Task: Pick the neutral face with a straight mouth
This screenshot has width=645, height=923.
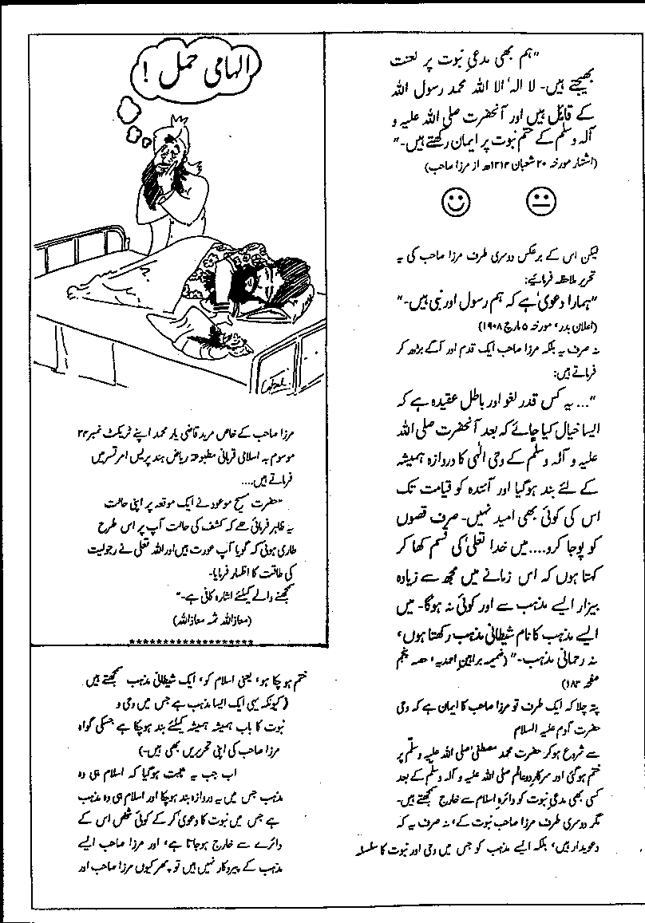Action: [540, 202]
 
